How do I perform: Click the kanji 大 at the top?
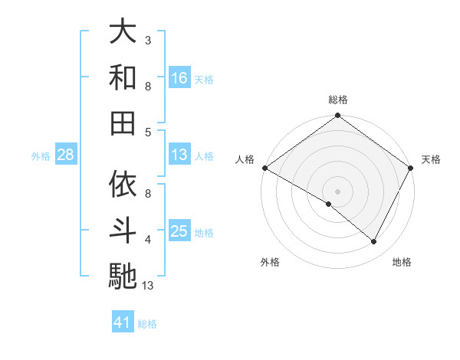(x=123, y=31)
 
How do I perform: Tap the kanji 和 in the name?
(x=123, y=77)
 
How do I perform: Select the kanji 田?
(x=123, y=123)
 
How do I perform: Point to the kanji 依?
(x=123, y=184)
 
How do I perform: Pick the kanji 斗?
(x=123, y=230)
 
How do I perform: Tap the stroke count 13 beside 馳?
(x=149, y=286)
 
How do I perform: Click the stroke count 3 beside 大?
(x=147, y=40)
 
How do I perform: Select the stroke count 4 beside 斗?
(x=147, y=240)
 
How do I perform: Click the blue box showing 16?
(x=179, y=77)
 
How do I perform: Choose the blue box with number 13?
(x=179, y=155)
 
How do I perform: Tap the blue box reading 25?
(x=179, y=231)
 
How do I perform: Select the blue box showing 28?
(x=65, y=155)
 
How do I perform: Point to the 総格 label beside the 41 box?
(x=147, y=324)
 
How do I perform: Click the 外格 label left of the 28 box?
(x=41, y=156)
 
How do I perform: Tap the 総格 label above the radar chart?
(x=338, y=100)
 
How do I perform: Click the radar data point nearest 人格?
(x=264, y=168)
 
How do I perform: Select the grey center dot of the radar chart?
(x=338, y=191)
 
